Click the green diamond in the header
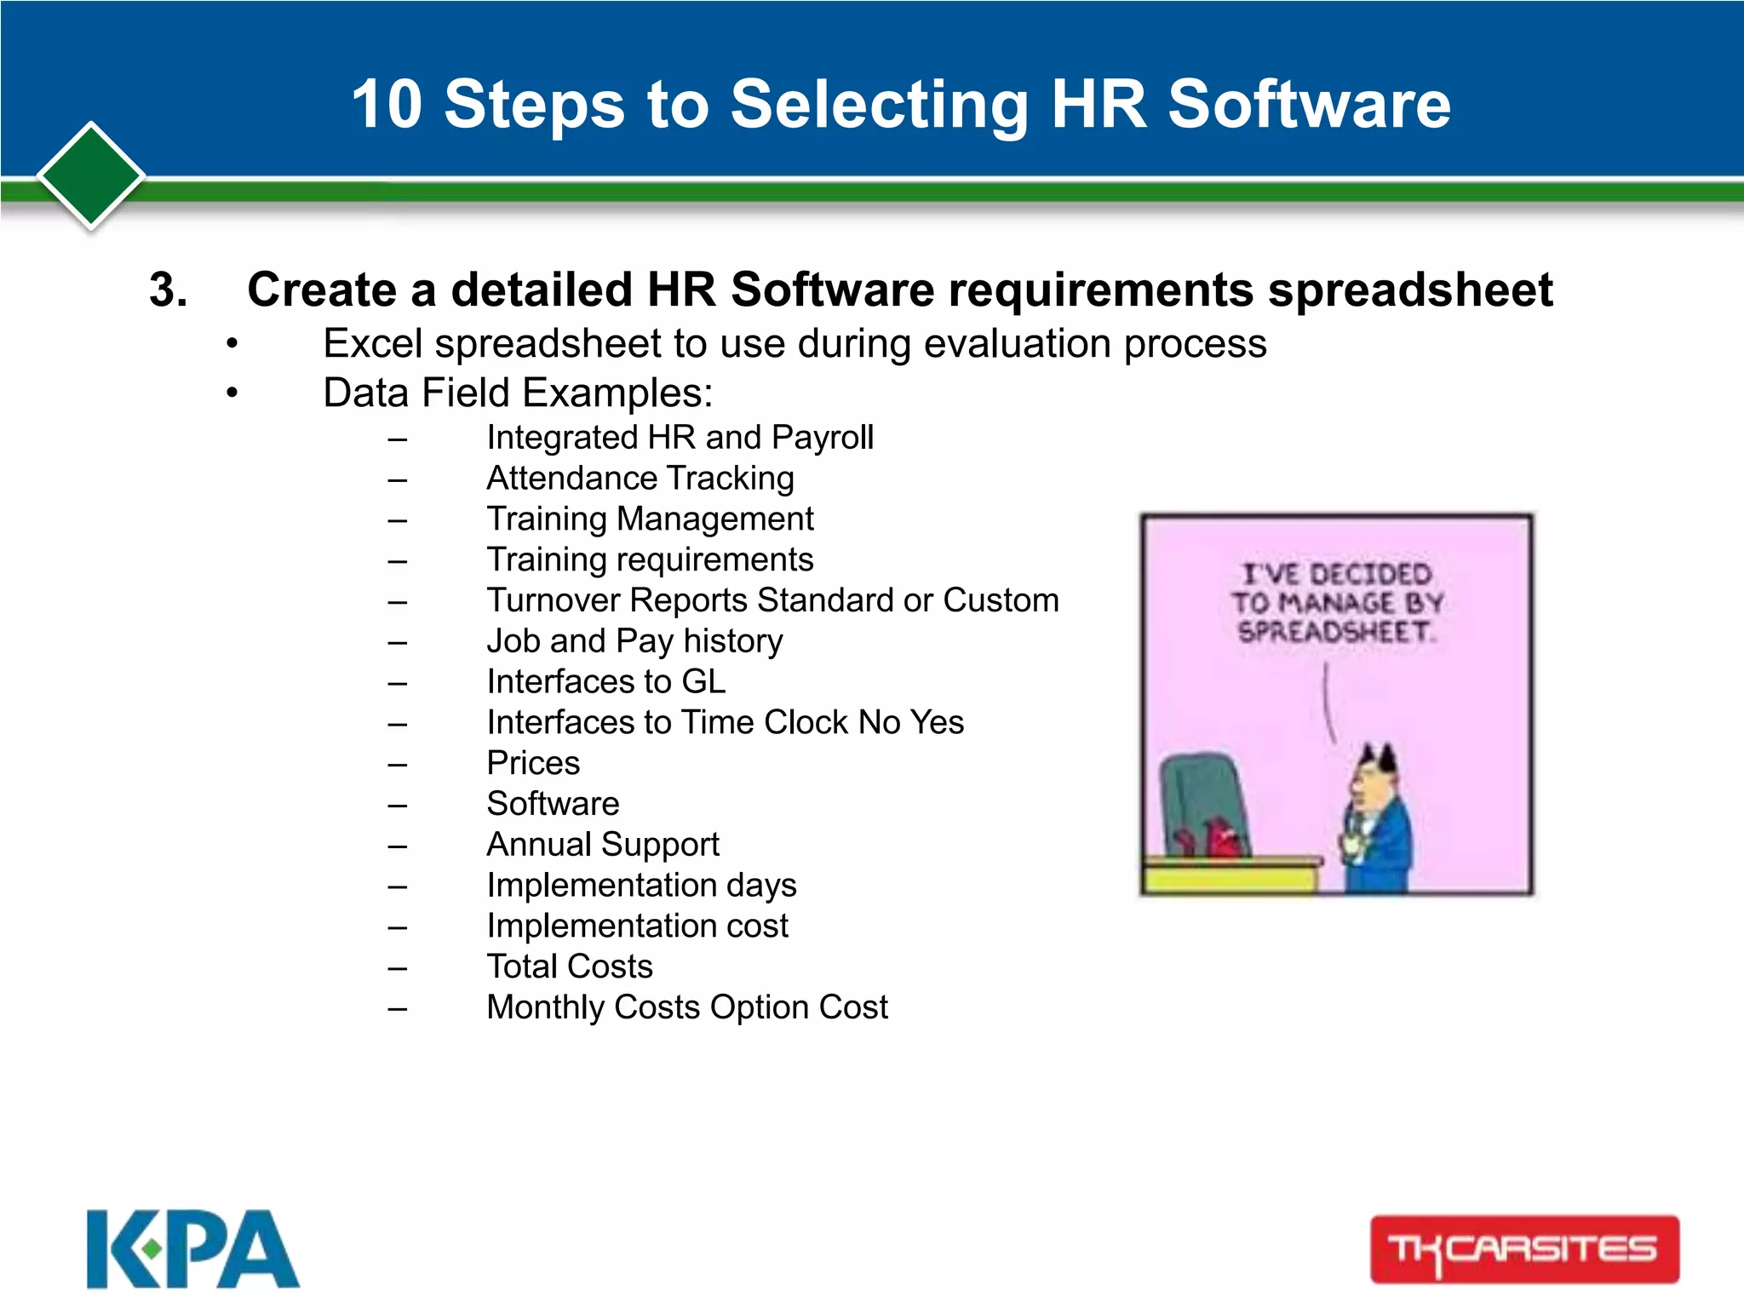pyautogui.click(x=91, y=175)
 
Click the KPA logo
pyautogui.click(x=192, y=1248)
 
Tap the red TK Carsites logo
pyautogui.click(x=1524, y=1249)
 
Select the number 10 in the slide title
pyautogui.click(x=387, y=104)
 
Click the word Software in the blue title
pyautogui.click(x=1309, y=104)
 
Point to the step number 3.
pyautogui.click(x=168, y=290)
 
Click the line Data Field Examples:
pyautogui.click(x=518, y=393)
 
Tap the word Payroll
pyautogui.click(x=822, y=438)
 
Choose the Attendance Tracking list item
pyautogui.click(x=640, y=478)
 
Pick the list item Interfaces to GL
pyautogui.click(x=606, y=681)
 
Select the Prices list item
pyautogui.click(x=533, y=763)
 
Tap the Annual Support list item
pyautogui.click(x=603, y=845)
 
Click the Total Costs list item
pyautogui.click(x=570, y=967)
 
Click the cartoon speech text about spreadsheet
pyautogui.click(x=1335, y=602)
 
